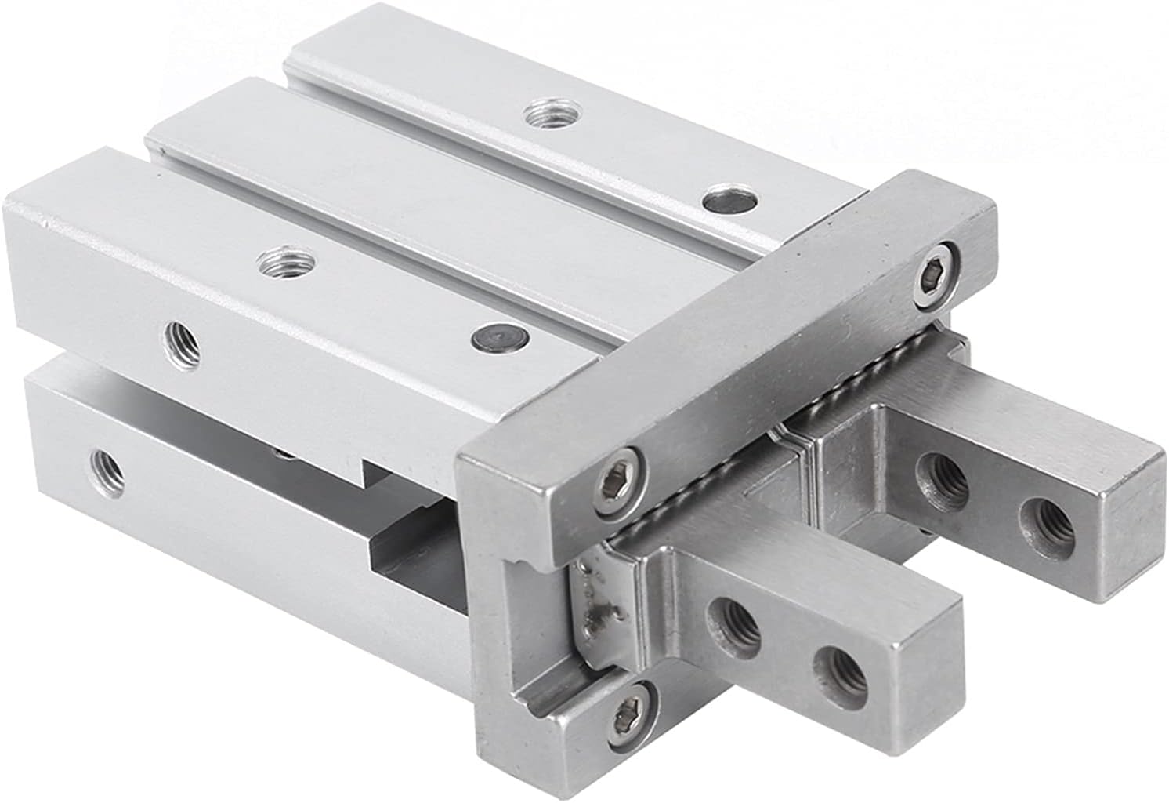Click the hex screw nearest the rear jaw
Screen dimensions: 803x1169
point(936,274)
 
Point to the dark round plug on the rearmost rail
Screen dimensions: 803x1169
point(729,201)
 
